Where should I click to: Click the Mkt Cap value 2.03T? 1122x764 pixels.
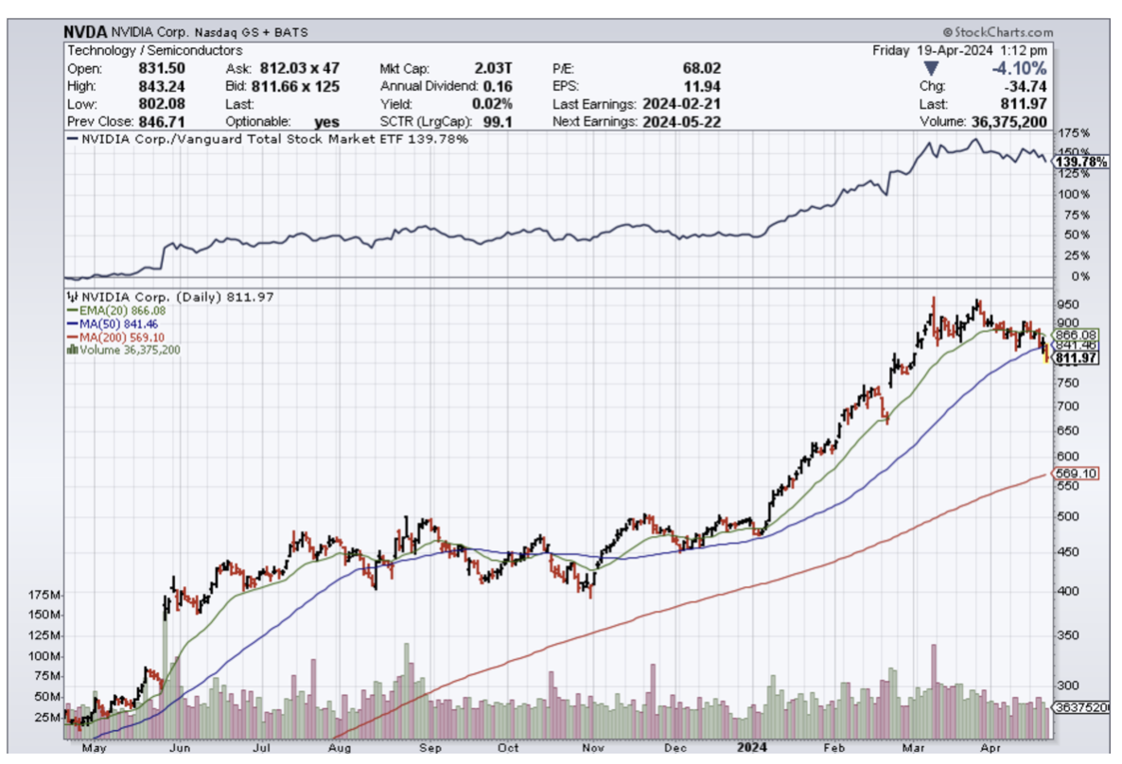click(x=493, y=68)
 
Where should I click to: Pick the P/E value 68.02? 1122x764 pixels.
click(x=700, y=68)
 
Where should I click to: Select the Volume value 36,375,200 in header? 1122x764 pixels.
click(x=1008, y=122)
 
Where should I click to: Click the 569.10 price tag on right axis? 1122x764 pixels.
click(x=1076, y=474)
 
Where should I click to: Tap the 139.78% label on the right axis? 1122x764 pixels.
click(x=1079, y=163)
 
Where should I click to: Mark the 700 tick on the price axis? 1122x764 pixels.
click(x=1067, y=406)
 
